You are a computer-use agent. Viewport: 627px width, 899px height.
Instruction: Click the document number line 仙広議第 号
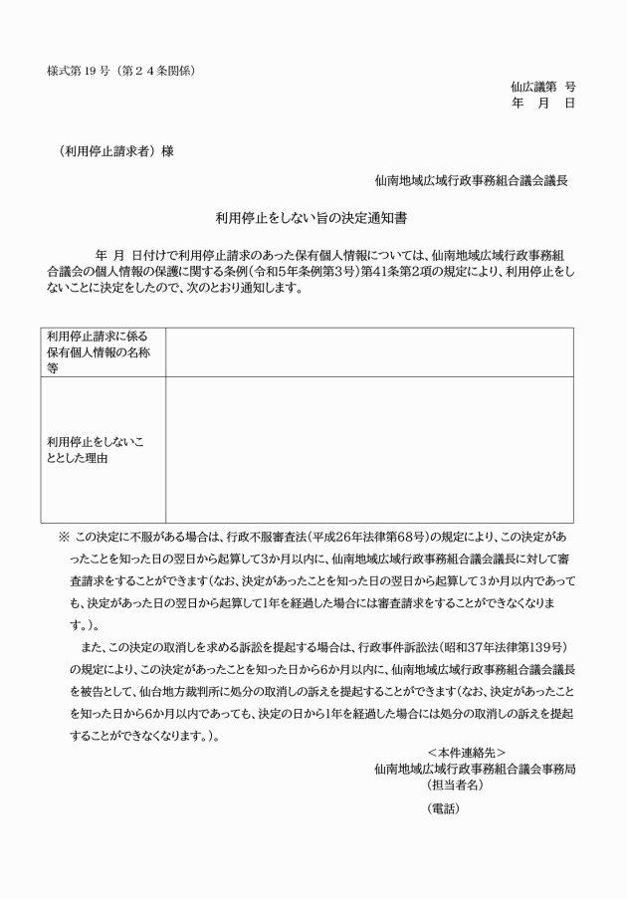(x=542, y=87)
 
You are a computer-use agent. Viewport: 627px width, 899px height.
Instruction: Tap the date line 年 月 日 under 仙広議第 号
(x=542, y=103)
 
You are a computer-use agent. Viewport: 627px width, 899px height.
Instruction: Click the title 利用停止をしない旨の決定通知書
(x=313, y=216)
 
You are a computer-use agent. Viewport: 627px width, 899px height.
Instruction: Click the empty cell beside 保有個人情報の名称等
(x=369, y=351)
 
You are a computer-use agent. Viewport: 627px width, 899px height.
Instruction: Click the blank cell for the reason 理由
(x=369, y=450)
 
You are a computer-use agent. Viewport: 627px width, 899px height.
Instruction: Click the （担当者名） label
(x=456, y=785)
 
